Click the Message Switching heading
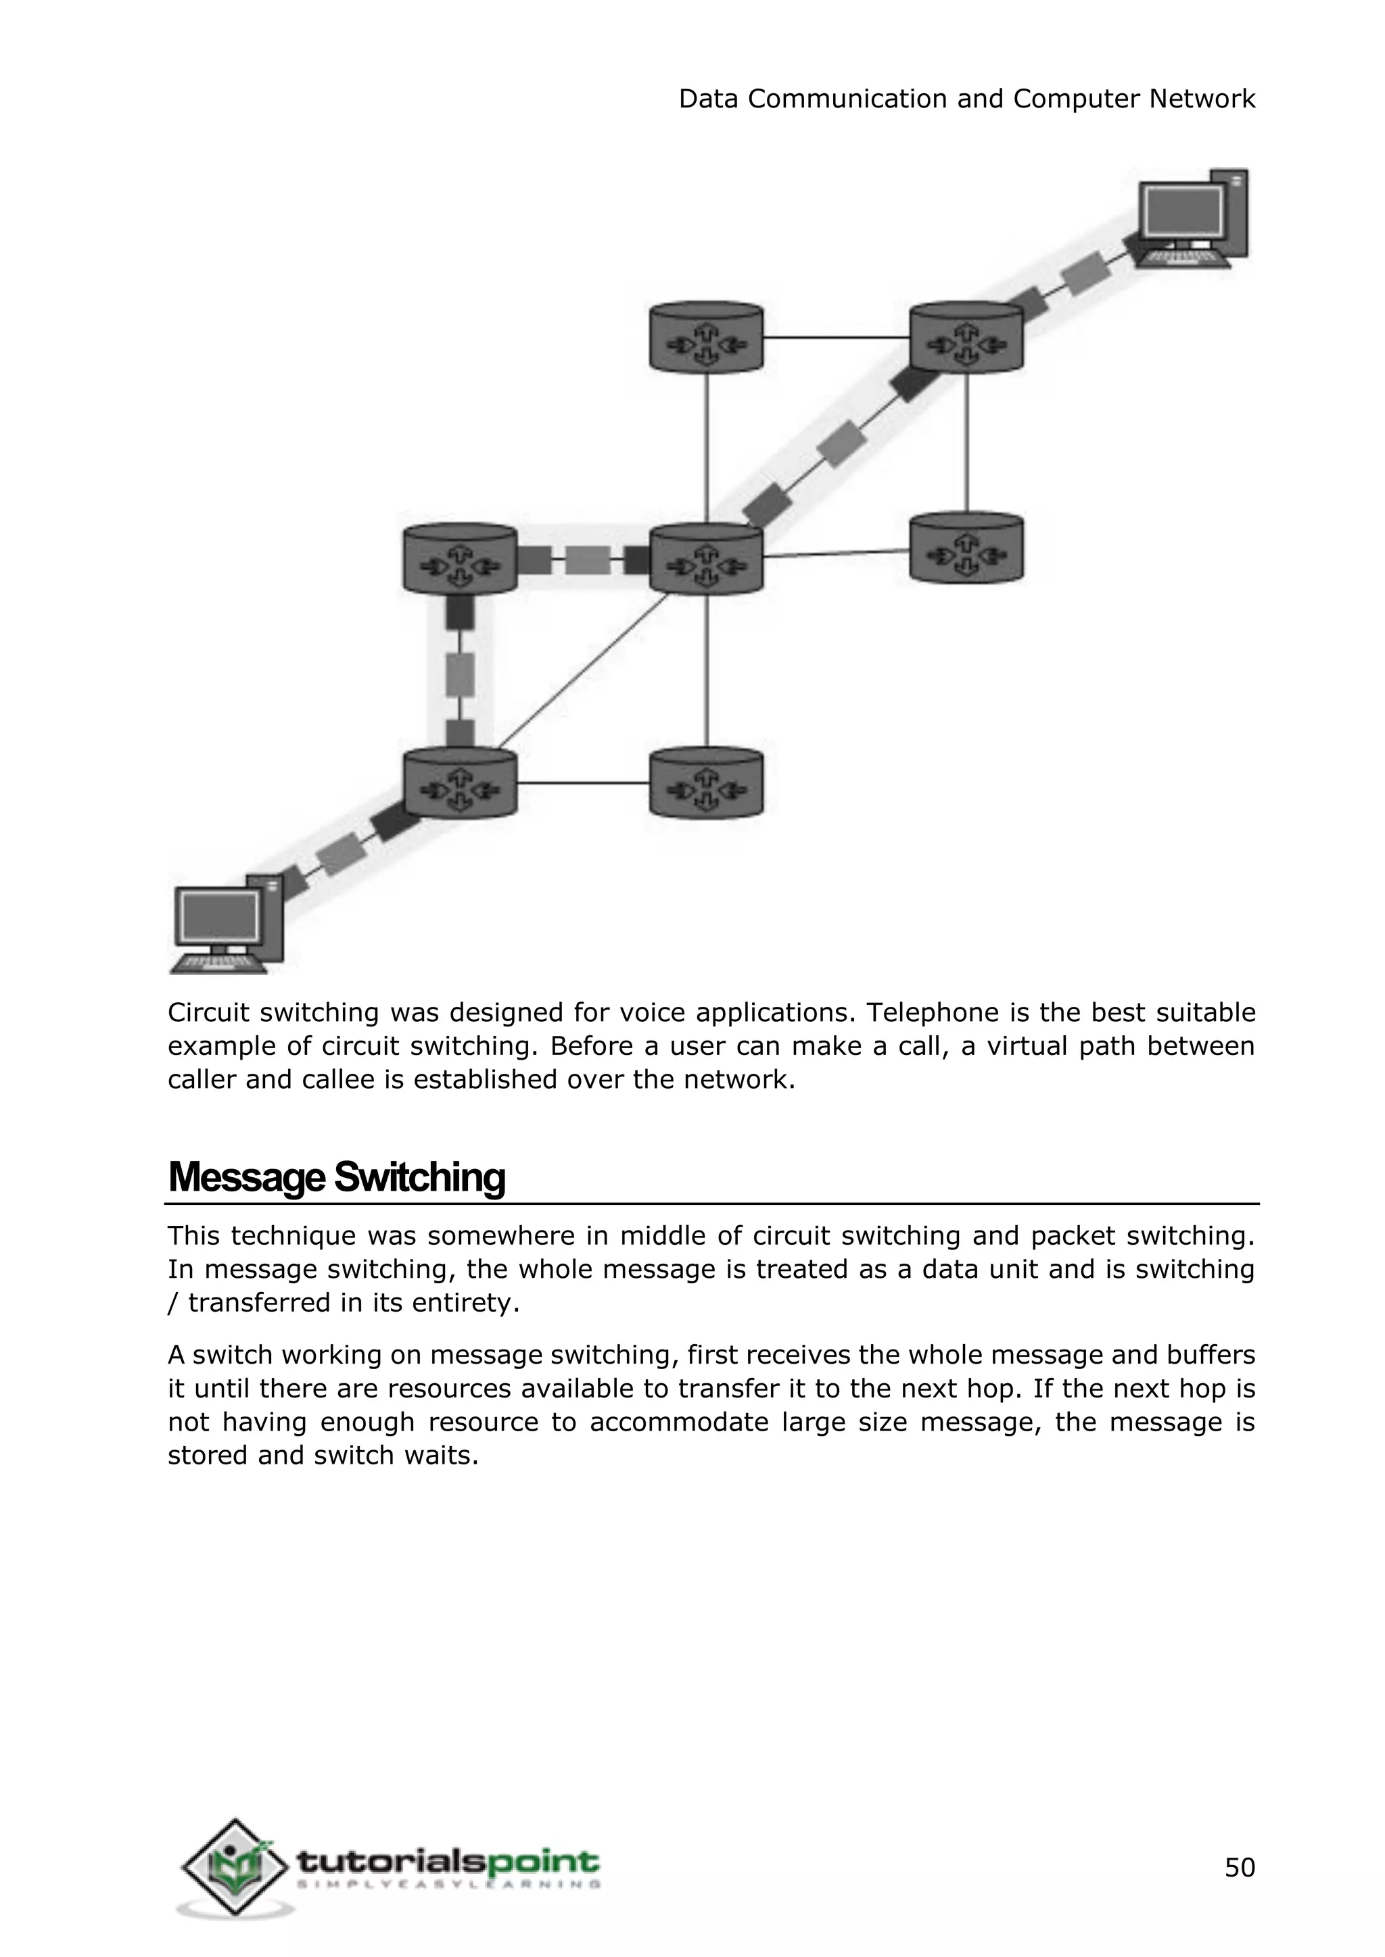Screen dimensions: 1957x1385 click(336, 1177)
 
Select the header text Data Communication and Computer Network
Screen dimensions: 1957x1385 click(966, 99)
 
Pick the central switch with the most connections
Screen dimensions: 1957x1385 click(706, 559)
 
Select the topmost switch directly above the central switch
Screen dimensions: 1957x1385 click(706, 337)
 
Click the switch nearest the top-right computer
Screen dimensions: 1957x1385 click(966, 337)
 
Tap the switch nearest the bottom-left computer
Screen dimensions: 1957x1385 click(460, 783)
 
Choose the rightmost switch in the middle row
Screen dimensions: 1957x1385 click(966, 548)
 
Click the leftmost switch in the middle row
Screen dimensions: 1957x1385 click(460, 559)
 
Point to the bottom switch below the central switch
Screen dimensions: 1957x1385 click(706, 783)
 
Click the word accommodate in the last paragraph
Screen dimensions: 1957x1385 click(679, 1422)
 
